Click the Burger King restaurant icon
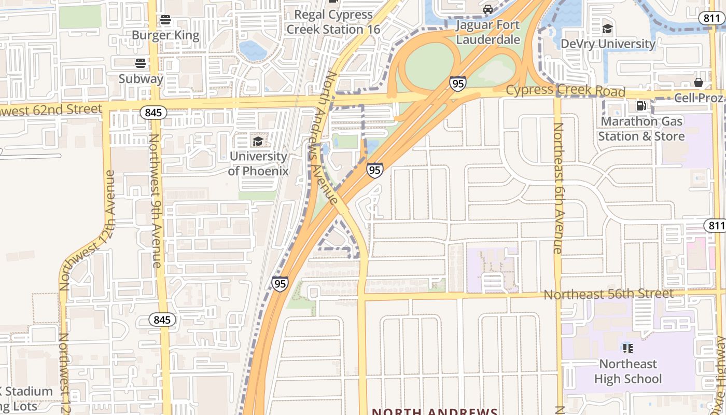point(165,20)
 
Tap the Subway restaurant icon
point(141,63)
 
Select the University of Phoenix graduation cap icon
point(258,141)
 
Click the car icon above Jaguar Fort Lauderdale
point(488,9)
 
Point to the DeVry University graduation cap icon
point(608,28)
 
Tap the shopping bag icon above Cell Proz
point(699,82)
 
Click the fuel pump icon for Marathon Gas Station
point(641,106)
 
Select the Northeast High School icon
point(628,348)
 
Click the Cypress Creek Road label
point(565,91)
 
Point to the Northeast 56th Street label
point(608,294)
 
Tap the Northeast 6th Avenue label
point(558,188)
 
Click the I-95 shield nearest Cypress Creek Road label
point(457,84)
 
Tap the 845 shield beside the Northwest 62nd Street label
point(153,112)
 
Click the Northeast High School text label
point(628,371)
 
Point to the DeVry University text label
point(608,44)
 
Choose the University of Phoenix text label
point(258,163)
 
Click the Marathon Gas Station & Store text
point(641,129)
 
